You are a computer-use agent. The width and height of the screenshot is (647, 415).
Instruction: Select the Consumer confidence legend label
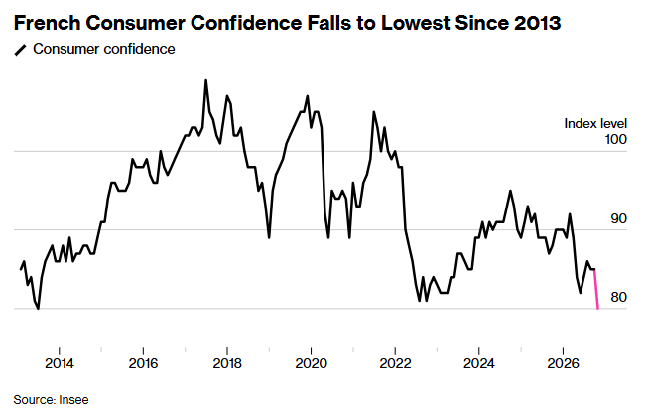[104, 49]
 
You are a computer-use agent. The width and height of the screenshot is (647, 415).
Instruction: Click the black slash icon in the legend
[20, 50]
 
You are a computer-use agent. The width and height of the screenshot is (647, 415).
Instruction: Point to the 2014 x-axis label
[59, 363]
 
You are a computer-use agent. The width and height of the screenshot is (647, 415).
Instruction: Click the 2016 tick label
[143, 363]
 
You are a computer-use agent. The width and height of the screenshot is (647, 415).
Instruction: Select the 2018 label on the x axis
[227, 363]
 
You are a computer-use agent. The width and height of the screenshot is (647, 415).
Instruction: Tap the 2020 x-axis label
[312, 363]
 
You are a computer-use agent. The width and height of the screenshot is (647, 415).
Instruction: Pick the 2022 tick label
[395, 363]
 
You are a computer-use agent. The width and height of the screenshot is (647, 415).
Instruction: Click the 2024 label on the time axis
[479, 363]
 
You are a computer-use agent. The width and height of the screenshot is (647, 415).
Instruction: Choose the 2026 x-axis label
[564, 363]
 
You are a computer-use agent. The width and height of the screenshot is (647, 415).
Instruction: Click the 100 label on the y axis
[615, 139]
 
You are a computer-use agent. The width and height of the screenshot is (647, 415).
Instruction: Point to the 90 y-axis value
[618, 218]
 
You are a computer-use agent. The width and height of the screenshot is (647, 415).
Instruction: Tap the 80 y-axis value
[618, 297]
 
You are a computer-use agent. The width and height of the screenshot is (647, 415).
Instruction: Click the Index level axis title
[595, 123]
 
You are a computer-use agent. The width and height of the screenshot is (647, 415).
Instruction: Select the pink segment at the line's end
[595, 289]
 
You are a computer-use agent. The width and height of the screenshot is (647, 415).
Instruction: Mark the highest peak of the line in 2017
[205, 80]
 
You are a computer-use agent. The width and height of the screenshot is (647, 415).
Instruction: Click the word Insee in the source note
[73, 400]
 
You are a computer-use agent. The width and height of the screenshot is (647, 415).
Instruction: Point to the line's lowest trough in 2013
[39, 308]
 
